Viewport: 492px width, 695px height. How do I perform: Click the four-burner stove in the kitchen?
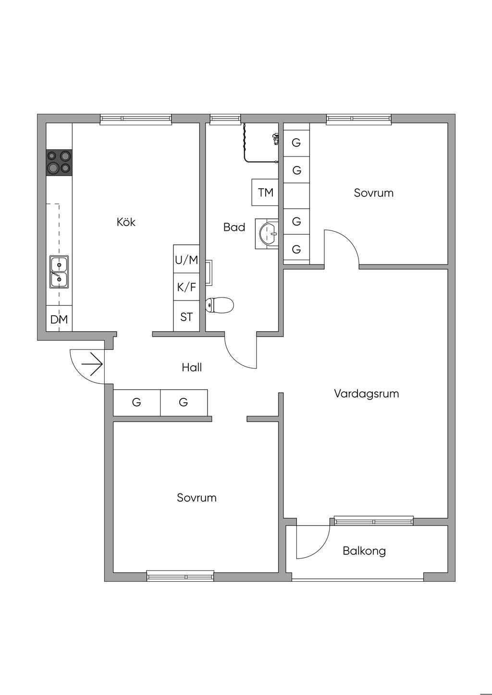click(59, 162)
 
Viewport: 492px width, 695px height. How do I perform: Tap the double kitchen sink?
click(59, 272)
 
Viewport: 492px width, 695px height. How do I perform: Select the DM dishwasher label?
click(59, 319)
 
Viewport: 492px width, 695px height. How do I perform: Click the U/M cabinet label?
click(186, 260)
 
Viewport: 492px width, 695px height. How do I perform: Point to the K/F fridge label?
click(186, 288)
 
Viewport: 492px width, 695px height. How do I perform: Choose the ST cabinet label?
click(186, 317)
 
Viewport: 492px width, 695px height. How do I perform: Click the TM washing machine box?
click(265, 192)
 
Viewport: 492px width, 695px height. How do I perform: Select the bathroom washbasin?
click(268, 234)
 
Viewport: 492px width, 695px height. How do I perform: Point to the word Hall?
click(192, 368)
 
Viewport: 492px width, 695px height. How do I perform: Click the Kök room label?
click(126, 222)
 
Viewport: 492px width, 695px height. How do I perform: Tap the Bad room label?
click(234, 227)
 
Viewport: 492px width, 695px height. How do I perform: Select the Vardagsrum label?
click(366, 394)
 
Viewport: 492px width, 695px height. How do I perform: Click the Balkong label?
click(364, 551)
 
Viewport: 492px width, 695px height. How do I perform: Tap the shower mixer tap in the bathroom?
click(275, 139)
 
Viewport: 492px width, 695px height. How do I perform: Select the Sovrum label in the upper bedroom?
click(373, 193)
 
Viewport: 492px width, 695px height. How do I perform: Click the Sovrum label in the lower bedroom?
click(197, 498)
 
